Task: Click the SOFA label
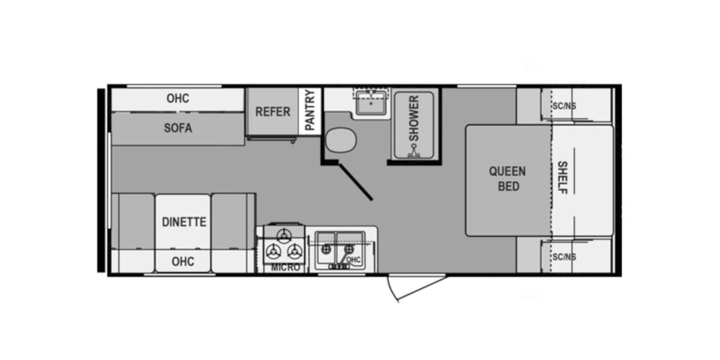[178, 128]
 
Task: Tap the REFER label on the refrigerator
[272, 112]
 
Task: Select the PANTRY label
[310, 110]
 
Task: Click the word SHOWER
[414, 118]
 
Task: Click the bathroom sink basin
[371, 103]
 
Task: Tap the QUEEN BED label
[508, 179]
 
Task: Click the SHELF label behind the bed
[563, 178]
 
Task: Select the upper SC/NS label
[564, 106]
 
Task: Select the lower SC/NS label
[564, 257]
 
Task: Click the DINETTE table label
[184, 222]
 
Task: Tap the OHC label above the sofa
[178, 98]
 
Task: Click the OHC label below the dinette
[183, 262]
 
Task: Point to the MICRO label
[286, 268]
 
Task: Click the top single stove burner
[284, 236]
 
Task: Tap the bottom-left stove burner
[273, 251]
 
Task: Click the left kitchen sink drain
[326, 249]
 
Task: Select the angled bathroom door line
[355, 182]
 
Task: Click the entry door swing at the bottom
[416, 289]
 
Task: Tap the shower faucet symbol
[414, 151]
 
